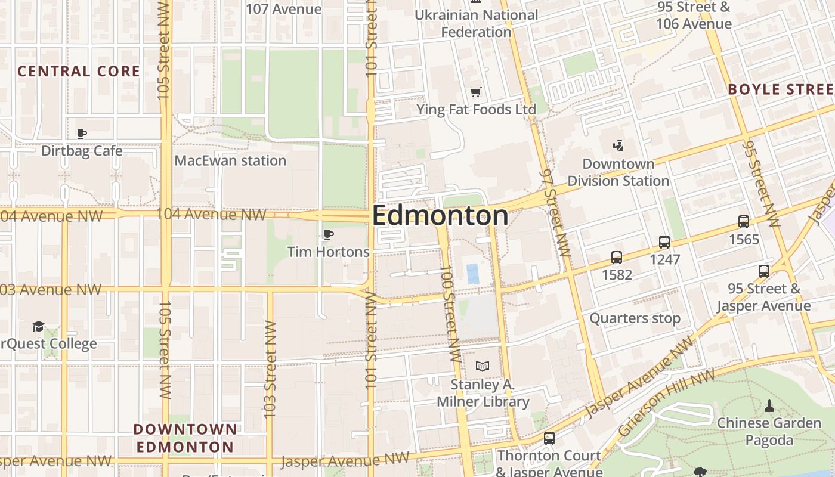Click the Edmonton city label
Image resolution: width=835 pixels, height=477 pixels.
point(440,216)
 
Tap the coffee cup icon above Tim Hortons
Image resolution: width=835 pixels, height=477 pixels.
point(328,234)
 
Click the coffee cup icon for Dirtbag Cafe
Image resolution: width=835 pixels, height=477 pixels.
point(82,134)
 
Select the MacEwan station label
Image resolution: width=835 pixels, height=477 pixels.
point(230,160)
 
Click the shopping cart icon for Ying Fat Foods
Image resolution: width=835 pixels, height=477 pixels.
point(475,92)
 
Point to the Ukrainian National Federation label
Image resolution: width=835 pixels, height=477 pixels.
point(476,23)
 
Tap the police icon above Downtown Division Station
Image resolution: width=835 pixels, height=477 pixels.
point(618,145)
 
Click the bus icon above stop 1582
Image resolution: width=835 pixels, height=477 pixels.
point(617,258)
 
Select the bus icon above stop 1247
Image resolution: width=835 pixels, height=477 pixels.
point(664,242)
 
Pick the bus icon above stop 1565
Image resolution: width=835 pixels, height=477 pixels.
point(744,222)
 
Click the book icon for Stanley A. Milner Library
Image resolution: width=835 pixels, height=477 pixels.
point(482,366)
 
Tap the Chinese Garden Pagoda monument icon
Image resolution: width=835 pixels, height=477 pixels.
point(769,406)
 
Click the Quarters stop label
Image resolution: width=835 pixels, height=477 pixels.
point(635,318)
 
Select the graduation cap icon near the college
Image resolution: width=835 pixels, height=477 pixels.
point(39,326)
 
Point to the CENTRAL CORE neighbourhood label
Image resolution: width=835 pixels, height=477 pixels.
point(79,72)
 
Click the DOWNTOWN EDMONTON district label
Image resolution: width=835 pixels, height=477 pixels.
point(185,438)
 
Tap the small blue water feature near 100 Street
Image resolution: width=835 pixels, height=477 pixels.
point(472,274)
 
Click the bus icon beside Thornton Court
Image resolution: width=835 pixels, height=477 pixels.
point(549,438)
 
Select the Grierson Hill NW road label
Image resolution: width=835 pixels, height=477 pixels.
point(666,403)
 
